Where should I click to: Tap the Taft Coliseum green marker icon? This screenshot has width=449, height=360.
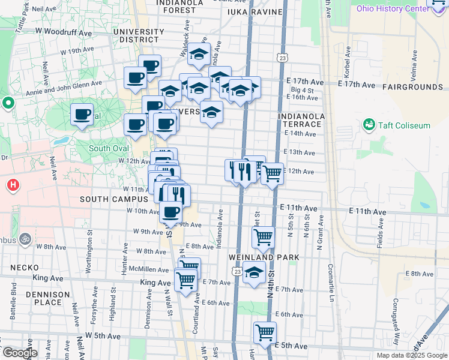368,125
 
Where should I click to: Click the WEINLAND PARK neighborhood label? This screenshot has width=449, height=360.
264,257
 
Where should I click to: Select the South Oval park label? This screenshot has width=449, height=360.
109,148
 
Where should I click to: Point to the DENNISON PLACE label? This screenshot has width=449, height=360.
52,298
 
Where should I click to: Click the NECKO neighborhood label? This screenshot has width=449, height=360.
28,268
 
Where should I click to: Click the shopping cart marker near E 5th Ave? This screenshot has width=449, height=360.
264,332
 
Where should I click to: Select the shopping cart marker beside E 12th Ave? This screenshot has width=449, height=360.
272,173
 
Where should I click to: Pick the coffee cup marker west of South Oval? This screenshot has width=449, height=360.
82,114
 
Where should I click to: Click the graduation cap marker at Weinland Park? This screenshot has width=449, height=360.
254,273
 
